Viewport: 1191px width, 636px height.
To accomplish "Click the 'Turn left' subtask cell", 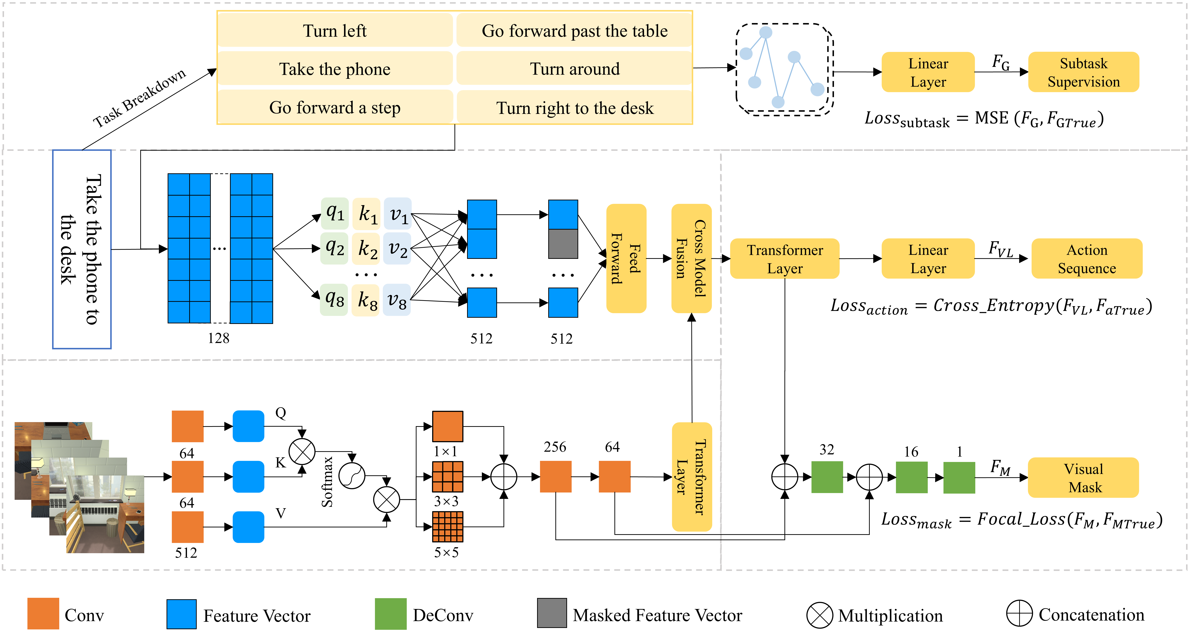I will [x=335, y=31].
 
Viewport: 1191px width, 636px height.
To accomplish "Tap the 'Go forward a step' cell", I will [x=335, y=107].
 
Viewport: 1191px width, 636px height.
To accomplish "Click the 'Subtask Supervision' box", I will [x=1083, y=72].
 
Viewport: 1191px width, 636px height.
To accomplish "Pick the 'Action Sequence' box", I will [x=1086, y=259].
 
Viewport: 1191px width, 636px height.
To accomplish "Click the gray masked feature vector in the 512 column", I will [x=563, y=244].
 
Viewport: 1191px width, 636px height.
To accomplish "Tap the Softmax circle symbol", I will [x=352, y=476].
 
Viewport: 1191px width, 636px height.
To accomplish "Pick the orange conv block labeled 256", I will [x=555, y=477].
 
